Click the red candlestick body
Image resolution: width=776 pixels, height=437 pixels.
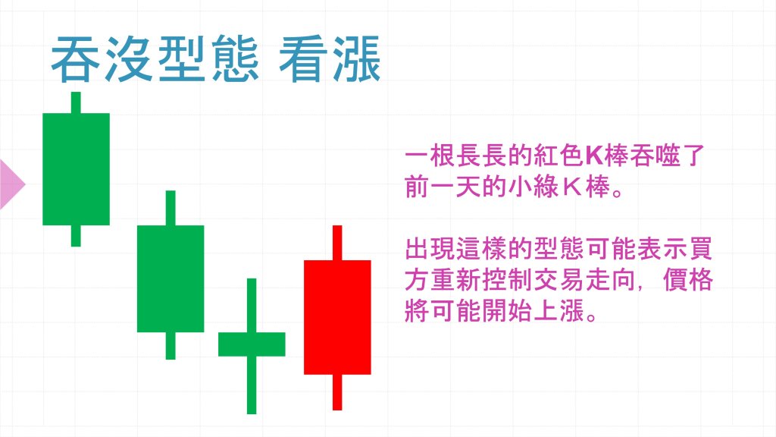(x=337, y=317)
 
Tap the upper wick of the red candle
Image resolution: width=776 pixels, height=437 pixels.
(x=337, y=243)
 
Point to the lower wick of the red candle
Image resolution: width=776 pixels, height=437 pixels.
(x=337, y=391)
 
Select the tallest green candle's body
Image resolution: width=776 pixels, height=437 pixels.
(x=76, y=169)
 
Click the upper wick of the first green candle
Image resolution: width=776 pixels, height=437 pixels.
(x=76, y=102)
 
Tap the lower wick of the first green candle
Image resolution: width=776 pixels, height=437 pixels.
(x=76, y=236)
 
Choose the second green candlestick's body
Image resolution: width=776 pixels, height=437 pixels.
(x=171, y=278)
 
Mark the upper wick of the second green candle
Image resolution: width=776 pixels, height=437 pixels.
(x=171, y=208)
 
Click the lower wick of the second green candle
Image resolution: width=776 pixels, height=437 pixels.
(x=171, y=346)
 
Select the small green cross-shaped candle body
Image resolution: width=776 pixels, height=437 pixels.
(x=252, y=344)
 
